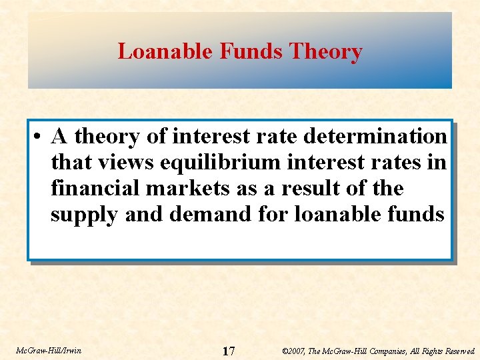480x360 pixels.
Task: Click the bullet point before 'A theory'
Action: (39, 137)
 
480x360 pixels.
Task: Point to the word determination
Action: (375, 137)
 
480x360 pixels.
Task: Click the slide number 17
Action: (228, 351)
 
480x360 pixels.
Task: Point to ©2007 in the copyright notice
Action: (294, 351)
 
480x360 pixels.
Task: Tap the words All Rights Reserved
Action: (439, 351)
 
